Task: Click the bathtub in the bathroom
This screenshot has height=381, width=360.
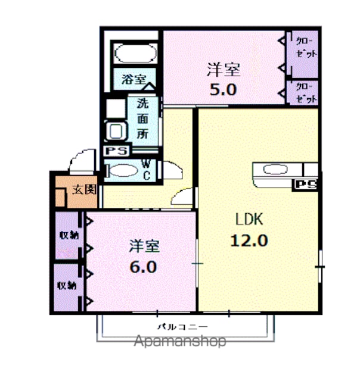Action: pos(135,54)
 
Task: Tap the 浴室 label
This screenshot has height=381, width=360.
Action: pos(134,79)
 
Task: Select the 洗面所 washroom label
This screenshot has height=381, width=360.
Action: pos(142,118)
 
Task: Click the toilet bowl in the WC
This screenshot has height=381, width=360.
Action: pos(123,170)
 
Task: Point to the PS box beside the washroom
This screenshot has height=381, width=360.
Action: pos(116,151)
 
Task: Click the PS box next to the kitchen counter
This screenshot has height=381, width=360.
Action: pos(305,185)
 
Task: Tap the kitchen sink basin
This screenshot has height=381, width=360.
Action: pos(275,169)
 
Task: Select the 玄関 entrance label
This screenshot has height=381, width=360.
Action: pos(85,189)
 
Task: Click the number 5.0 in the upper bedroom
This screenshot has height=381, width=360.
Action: pos(223,89)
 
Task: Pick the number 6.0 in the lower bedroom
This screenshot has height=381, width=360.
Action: pos(143,267)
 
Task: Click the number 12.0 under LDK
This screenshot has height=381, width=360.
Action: pos(249,241)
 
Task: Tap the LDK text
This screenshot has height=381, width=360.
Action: pos(249,219)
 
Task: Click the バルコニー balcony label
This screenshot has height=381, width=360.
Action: pos(182,327)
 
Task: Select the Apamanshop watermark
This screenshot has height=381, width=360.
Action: pos(180,341)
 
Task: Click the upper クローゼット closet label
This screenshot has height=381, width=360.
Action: pos(306,48)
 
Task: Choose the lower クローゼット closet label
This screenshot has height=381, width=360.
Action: pos(306,93)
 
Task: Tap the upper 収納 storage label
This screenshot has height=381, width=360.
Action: pos(69,235)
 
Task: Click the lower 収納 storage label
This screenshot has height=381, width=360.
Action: pos(67,286)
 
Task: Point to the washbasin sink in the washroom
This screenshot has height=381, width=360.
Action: pos(116,131)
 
